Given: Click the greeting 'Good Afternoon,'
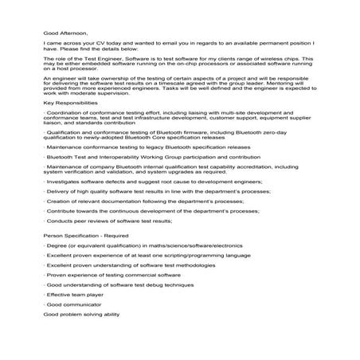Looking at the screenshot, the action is (64, 33).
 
